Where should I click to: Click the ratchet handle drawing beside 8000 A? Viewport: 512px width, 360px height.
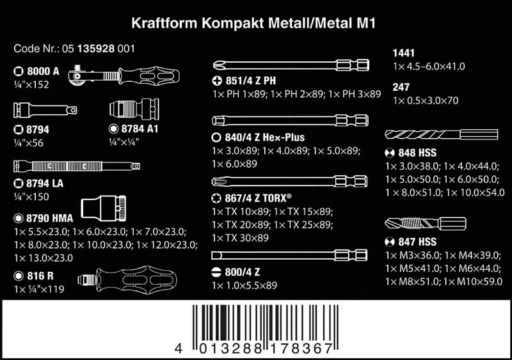[x=124, y=76]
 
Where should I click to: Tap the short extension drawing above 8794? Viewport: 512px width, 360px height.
[x=45, y=110]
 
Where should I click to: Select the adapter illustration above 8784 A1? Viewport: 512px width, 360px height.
[x=134, y=109]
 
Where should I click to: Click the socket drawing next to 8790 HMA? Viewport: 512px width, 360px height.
[x=103, y=208]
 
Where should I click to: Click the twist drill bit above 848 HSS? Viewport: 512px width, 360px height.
[x=442, y=134]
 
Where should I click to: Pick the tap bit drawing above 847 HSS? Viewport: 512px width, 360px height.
[x=426, y=224]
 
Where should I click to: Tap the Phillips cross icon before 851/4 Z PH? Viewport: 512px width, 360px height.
[x=217, y=81]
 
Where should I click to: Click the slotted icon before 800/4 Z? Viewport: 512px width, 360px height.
[x=216, y=272]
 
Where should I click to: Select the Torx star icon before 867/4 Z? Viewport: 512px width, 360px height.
[x=216, y=198]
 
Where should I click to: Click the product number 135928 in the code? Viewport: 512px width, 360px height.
[x=95, y=49]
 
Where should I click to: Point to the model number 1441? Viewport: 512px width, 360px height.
[x=404, y=53]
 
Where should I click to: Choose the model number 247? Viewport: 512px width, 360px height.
[x=401, y=87]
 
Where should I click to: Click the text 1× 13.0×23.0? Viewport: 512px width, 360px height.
[x=44, y=258]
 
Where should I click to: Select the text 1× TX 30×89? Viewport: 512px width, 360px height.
[x=240, y=238]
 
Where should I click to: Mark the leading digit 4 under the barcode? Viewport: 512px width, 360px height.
[x=178, y=348]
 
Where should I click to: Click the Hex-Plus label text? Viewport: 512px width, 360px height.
[x=284, y=137]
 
